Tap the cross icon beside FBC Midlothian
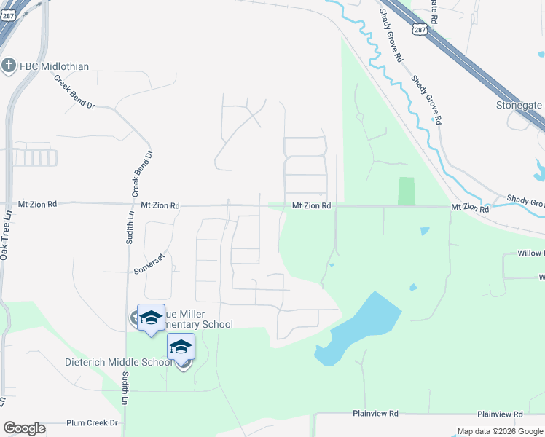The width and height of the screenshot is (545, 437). (x=9, y=66)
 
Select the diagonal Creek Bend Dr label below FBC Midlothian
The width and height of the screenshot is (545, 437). (x=75, y=93)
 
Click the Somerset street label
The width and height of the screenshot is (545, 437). (x=150, y=264)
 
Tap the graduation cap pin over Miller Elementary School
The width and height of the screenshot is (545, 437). (x=151, y=318)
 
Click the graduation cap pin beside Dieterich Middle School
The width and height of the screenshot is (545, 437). (x=181, y=347)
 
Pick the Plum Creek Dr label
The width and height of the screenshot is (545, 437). (x=92, y=422)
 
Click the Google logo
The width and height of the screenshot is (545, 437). (x=24, y=428)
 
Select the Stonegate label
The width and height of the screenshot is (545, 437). (x=519, y=106)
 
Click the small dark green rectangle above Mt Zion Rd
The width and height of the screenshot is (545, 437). (x=406, y=191)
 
